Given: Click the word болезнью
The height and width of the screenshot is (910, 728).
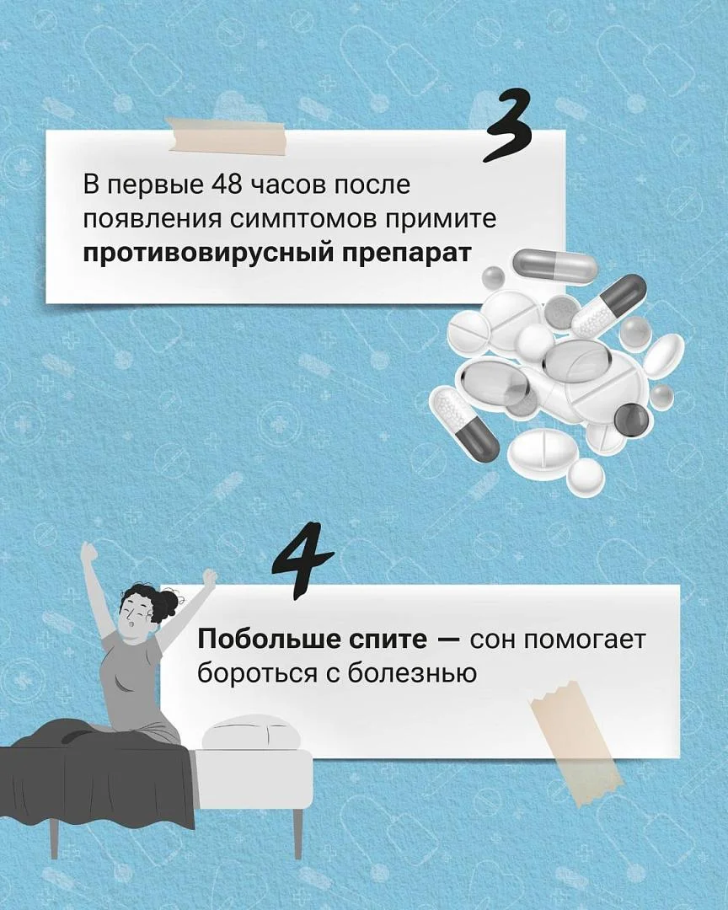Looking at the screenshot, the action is coord(411,673).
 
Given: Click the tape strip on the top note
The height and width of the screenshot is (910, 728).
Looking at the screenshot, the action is coord(226,136).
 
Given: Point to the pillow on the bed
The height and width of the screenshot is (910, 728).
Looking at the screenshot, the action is coord(251,732).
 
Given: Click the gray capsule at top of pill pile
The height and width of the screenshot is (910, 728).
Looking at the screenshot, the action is coord(554,264).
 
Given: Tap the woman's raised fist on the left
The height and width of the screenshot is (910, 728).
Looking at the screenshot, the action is coord(88,551).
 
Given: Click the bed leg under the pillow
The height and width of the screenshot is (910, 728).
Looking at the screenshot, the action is coord(297,833).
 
